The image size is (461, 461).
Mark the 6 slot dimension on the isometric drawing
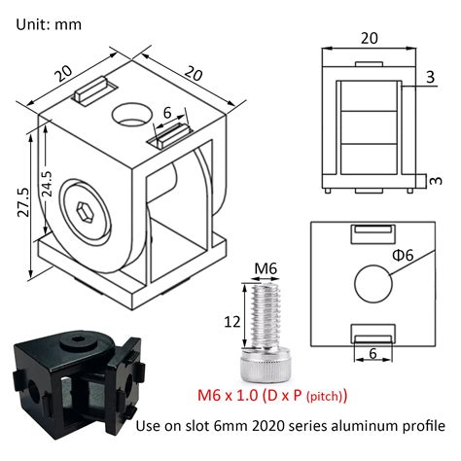click(x=167, y=114)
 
